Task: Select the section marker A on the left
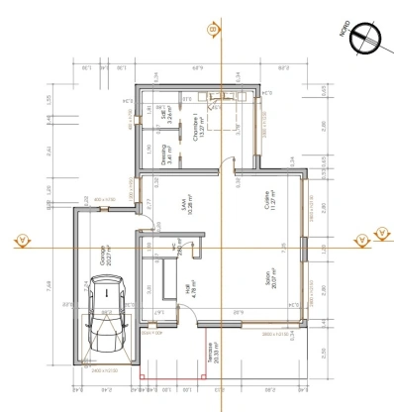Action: tap(20, 239)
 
